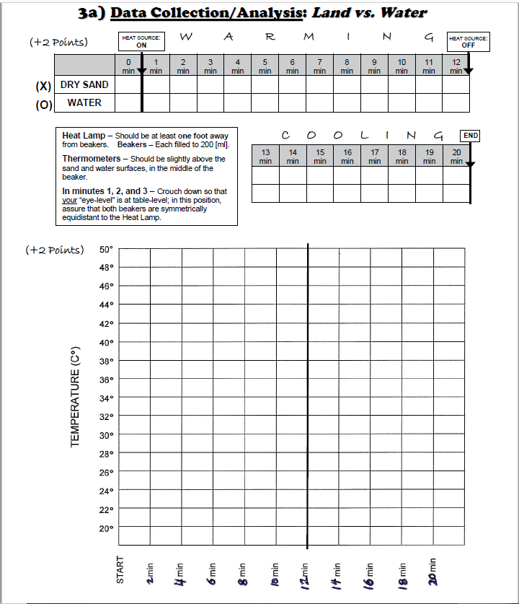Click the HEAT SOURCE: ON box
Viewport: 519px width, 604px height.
pos(141,41)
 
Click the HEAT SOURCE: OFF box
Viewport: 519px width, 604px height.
pos(468,41)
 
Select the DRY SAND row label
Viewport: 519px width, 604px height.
pos(84,84)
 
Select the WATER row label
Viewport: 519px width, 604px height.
pos(84,102)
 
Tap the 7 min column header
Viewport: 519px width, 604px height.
pos(319,66)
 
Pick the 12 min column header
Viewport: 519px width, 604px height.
pos(456,66)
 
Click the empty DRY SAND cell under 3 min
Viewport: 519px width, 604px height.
pos(210,84)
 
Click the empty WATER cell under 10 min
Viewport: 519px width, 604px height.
pos(402,102)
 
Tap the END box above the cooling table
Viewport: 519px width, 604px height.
pos(471,136)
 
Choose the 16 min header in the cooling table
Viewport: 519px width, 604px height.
pos(347,157)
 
